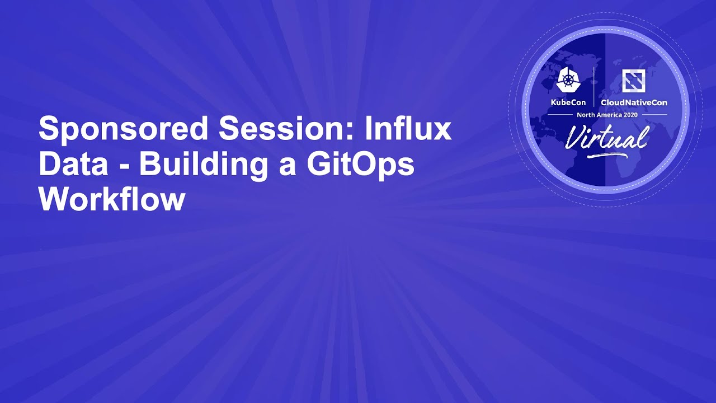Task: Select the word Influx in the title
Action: (408, 130)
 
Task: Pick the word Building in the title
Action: (210, 165)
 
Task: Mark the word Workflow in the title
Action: (112, 199)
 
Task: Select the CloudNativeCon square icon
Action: (633, 81)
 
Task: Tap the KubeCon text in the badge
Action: (568, 102)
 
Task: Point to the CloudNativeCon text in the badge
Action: (634, 102)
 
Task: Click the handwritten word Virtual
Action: (606, 137)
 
